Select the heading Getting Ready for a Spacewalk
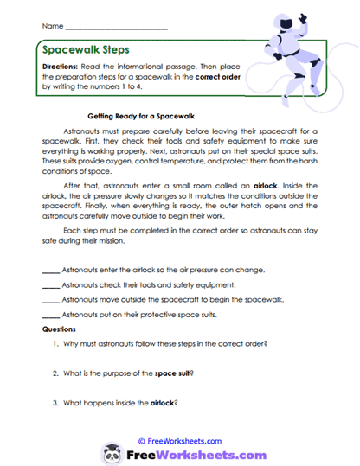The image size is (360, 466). tap(145, 114)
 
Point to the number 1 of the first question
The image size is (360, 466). tap(55, 344)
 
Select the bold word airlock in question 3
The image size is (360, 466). tap(164, 403)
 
